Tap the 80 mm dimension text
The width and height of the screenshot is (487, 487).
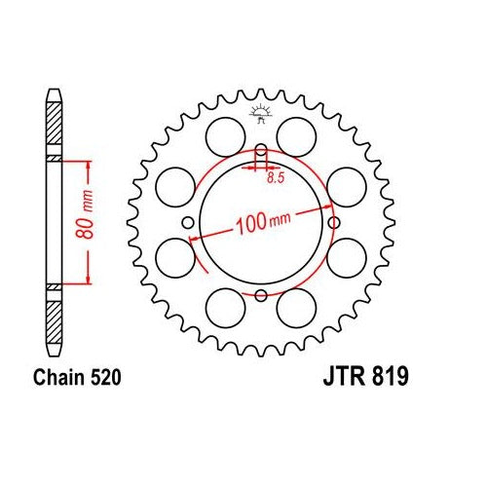pos(85,213)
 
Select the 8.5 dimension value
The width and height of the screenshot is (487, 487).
pos(276,178)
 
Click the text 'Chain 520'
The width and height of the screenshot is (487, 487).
pos(77,377)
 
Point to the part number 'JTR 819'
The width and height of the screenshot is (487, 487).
pos(365,377)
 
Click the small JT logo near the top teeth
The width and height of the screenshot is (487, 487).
pos(260,114)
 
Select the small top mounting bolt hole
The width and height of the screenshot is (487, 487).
pos(261,150)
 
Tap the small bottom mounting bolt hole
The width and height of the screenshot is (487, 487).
pos(261,295)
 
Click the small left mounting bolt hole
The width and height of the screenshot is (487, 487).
pos(188,223)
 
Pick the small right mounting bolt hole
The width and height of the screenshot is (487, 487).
pos(333,223)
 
